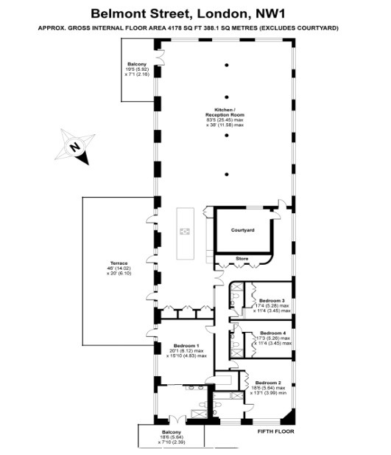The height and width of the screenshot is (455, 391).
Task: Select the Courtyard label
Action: click(242, 231)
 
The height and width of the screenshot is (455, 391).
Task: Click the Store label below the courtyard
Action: click(242, 258)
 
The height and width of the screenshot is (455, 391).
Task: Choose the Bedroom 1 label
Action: click(186, 345)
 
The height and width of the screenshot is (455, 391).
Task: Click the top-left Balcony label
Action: click(137, 64)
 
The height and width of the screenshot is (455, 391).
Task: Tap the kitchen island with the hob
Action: click(185, 235)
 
